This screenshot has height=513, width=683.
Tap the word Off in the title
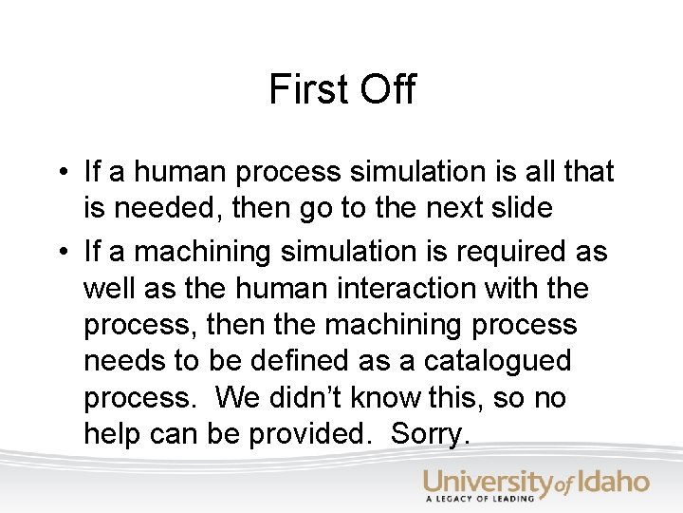click(x=387, y=89)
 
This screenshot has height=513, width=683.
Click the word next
click(x=440, y=208)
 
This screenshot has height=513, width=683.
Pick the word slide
click(x=517, y=208)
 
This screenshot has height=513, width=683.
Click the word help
click(x=115, y=433)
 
